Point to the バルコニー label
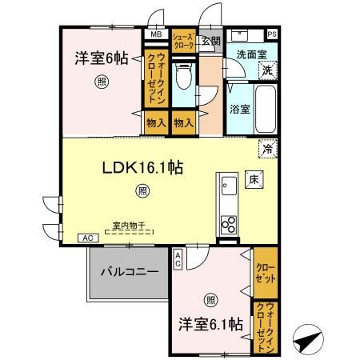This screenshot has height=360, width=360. [x=129, y=272]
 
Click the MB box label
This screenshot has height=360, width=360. [x=155, y=35]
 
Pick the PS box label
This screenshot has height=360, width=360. [x=272, y=34]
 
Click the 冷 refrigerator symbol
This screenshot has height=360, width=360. [x=267, y=148]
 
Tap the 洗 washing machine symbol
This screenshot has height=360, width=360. [x=270, y=70]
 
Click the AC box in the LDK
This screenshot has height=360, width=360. [x=86, y=238]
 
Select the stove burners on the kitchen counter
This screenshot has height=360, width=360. [x=227, y=221]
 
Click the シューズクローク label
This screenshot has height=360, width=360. [x=184, y=41]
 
